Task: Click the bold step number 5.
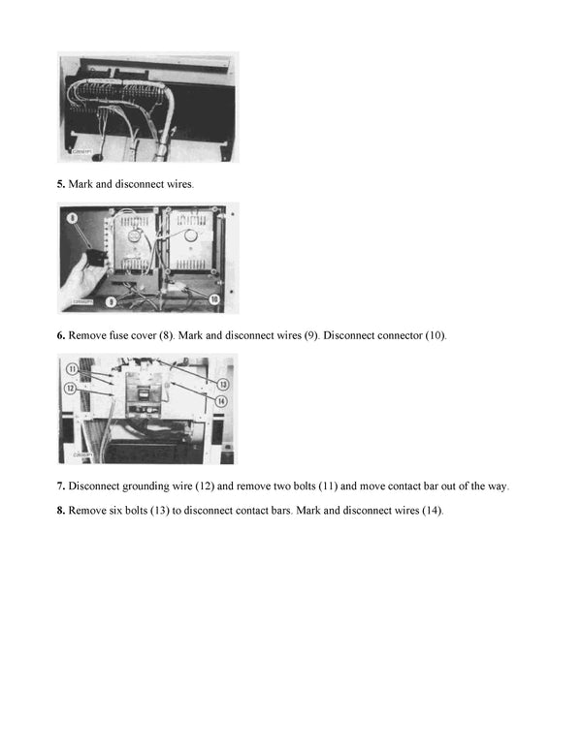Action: tap(60, 183)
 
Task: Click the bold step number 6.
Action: tap(60, 335)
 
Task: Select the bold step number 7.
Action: tap(60, 486)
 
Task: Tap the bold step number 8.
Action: tap(60, 511)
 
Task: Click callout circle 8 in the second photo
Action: tap(71, 219)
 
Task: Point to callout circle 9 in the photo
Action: tap(111, 302)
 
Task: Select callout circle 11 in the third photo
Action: tap(72, 369)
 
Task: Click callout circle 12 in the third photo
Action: tap(72, 388)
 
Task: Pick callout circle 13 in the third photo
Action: tap(222, 385)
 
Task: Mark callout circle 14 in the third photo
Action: tap(222, 401)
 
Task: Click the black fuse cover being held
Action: tap(93, 258)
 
